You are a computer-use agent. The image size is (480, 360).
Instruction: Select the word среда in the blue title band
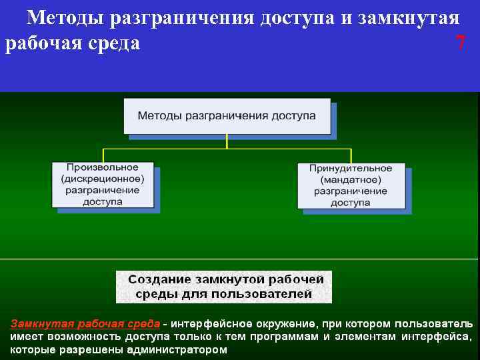(111, 44)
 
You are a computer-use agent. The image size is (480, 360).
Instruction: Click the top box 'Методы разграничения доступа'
(227, 115)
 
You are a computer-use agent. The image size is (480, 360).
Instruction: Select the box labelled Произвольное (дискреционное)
(103, 185)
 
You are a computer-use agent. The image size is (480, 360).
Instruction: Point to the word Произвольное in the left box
(103, 167)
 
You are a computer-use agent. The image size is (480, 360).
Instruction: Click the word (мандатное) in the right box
(351, 180)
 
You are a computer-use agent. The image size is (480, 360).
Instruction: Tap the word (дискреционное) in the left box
(103, 179)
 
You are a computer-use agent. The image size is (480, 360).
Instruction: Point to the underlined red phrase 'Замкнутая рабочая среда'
(85, 323)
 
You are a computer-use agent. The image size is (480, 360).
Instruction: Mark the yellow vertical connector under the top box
(227, 141)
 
